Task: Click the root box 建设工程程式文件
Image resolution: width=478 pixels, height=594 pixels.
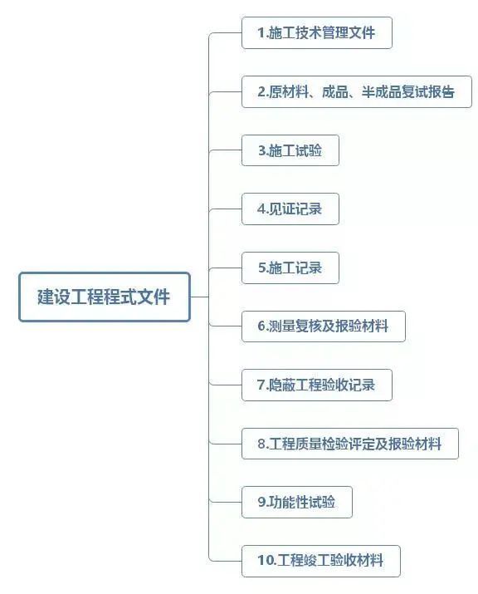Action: coord(105,297)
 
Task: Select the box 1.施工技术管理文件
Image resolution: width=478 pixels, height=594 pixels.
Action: coord(317,33)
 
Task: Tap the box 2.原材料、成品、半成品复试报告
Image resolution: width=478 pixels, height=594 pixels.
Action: coord(357,91)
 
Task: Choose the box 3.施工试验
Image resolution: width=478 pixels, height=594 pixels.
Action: coord(290,150)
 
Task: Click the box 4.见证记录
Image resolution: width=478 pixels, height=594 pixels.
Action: coord(290,209)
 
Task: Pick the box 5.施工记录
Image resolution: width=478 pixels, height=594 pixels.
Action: coord(290,268)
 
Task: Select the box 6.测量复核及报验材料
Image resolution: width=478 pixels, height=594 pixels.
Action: coord(324,326)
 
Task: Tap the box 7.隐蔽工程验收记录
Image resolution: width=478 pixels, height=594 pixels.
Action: coord(317,385)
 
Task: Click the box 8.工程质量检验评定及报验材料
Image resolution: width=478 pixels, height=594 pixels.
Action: coord(350,444)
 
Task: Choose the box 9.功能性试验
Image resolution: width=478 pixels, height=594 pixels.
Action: coord(297,503)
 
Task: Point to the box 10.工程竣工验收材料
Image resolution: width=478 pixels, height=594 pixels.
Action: coord(321,561)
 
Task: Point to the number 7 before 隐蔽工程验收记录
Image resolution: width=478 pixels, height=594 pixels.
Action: coord(261,385)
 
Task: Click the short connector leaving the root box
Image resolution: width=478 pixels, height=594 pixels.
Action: coord(199,297)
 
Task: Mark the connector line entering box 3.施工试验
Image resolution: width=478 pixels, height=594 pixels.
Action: coord(226,150)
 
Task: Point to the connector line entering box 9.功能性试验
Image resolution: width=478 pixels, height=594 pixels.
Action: coord(226,503)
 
